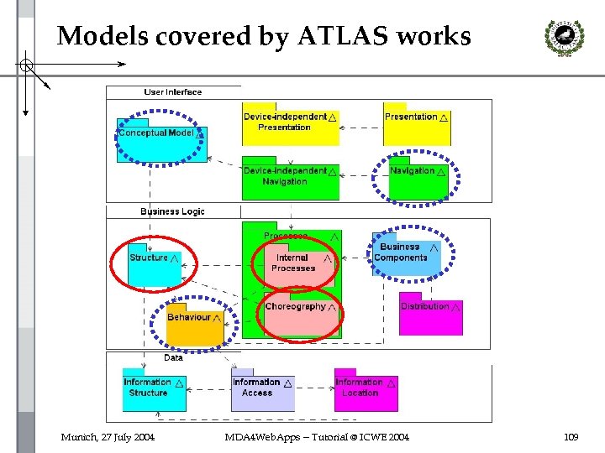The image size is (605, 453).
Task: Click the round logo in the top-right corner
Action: click(559, 37)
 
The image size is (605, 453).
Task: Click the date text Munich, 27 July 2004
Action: click(107, 437)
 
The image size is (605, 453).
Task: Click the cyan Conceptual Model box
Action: click(160, 138)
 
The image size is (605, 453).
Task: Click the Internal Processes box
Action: click(293, 263)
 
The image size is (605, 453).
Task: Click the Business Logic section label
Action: click(172, 211)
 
